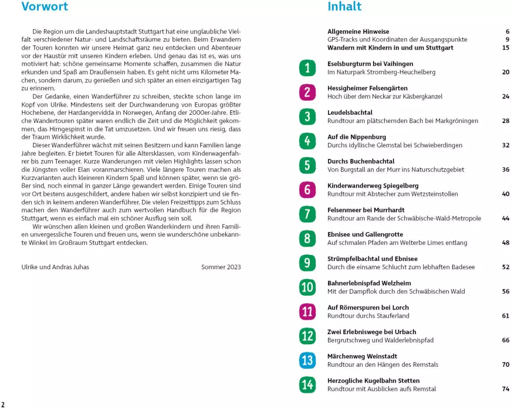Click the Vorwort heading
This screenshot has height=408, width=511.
click(x=44, y=7)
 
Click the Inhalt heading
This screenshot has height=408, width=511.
click(x=344, y=7)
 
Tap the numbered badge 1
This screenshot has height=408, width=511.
click(x=307, y=68)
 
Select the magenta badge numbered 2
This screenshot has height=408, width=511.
click(x=307, y=92)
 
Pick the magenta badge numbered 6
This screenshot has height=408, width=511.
click(x=307, y=190)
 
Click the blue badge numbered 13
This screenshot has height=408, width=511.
click(x=307, y=361)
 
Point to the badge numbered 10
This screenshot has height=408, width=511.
click(x=307, y=287)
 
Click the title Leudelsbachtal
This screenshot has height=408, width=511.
click(x=350, y=113)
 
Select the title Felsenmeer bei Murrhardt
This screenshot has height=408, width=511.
click(x=365, y=210)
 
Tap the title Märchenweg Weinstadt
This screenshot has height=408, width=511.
click(x=362, y=356)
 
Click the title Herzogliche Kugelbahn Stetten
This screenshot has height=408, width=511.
click(x=373, y=381)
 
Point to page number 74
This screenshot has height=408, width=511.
click(x=505, y=389)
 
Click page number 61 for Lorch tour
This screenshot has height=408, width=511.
click(x=505, y=316)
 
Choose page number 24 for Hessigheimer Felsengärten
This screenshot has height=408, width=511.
click(x=505, y=96)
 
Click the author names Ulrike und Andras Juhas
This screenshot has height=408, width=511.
click(x=55, y=267)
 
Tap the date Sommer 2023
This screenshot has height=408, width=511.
click(x=221, y=267)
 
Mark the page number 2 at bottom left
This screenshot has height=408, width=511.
click(x=3, y=404)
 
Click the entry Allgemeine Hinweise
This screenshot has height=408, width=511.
click(x=358, y=32)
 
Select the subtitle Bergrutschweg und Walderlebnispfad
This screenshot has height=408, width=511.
click(x=380, y=340)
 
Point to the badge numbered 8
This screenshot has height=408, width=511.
click(x=307, y=238)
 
